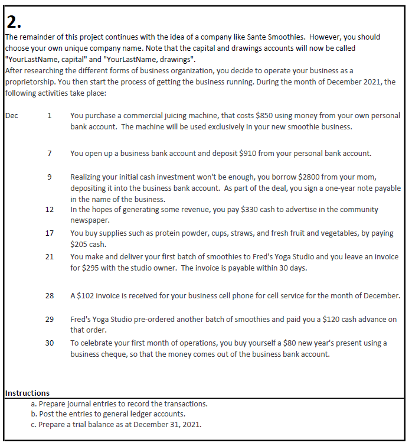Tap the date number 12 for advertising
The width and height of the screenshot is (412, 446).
click(50, 210)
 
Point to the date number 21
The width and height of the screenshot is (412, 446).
click(50, 257)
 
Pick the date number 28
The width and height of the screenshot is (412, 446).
click(50, 295)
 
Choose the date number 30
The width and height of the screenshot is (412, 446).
click(50, 343)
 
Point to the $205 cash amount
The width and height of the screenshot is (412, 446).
click(80, 243)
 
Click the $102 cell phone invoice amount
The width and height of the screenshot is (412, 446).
click(89, 295)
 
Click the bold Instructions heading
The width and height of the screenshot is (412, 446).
click(27, 393)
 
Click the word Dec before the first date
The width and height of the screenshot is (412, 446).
click(12, 116)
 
